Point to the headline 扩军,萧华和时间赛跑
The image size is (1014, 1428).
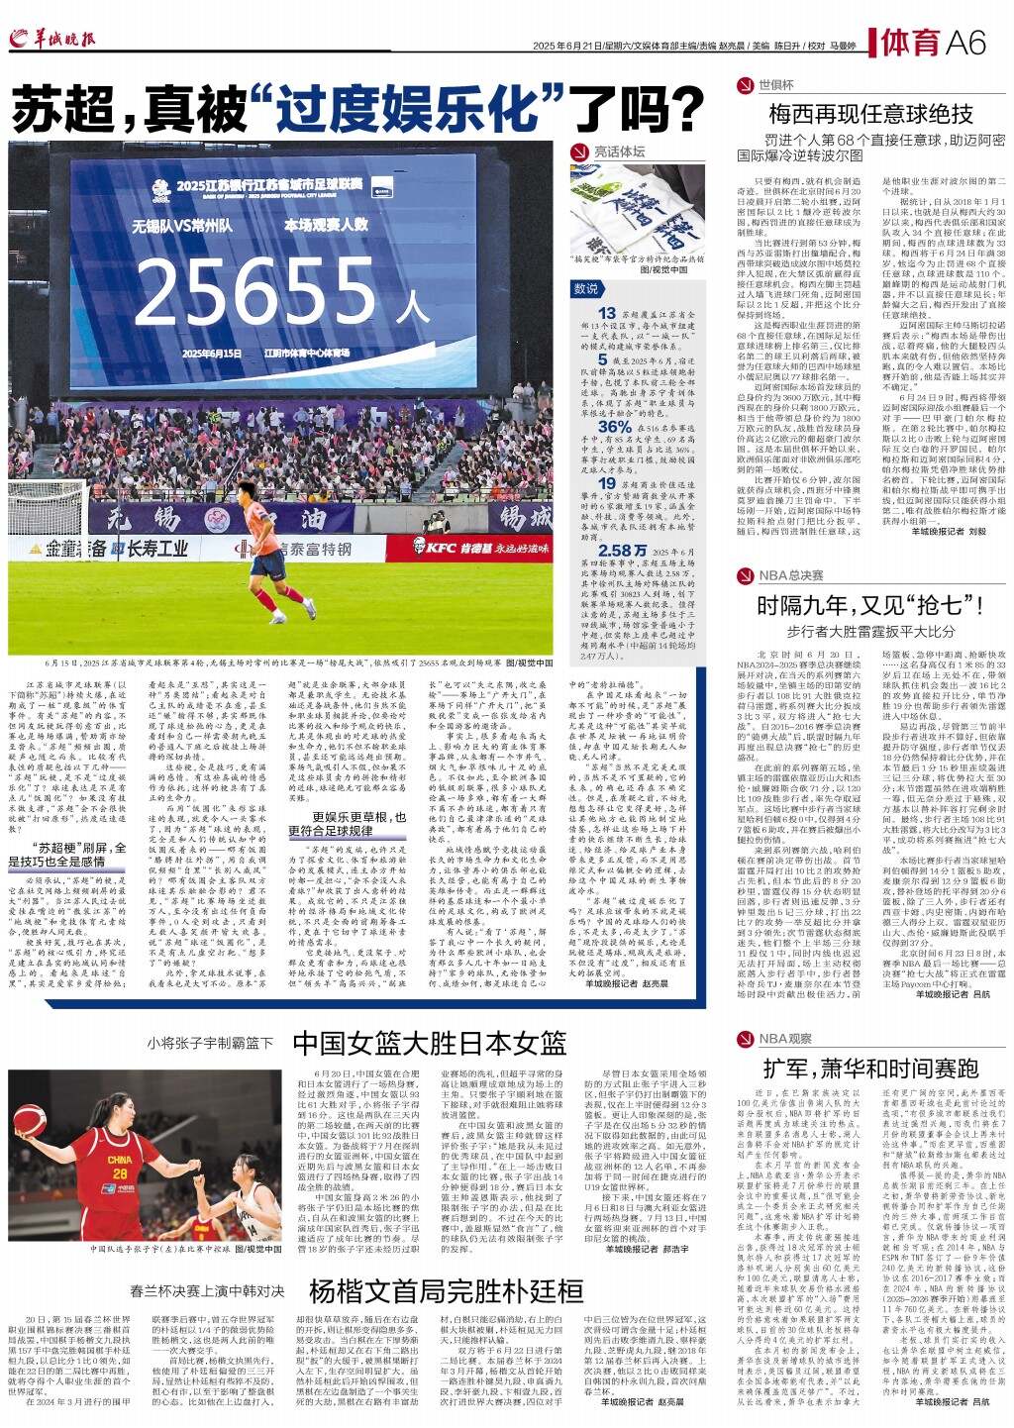click(x=870, y=1068)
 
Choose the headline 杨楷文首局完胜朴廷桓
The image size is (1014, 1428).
click(x=445, y=1291)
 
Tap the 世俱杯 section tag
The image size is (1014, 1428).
click(x=776, y=85)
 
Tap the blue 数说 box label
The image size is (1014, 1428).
click(x=587, y=288)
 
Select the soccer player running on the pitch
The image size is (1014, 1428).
click(x=255, y=560)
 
